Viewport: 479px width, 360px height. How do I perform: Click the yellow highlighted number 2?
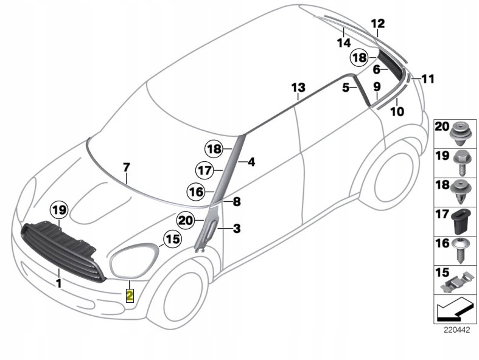(x=130, y=296)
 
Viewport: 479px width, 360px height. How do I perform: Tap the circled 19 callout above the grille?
(x=59, y=211)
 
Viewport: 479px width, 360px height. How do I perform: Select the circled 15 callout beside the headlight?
(x=173, y=239)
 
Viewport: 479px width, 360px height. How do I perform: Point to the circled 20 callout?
(x=186, y=220)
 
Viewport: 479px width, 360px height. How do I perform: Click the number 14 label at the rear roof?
(x=344, y=43)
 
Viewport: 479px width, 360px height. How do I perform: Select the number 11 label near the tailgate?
(x=428, y=78)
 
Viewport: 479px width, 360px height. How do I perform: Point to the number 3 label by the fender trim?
(x=236, y=229)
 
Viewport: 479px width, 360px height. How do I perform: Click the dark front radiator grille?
(x=61, y=250)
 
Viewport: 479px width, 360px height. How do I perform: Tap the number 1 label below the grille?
(x=58, y=283)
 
